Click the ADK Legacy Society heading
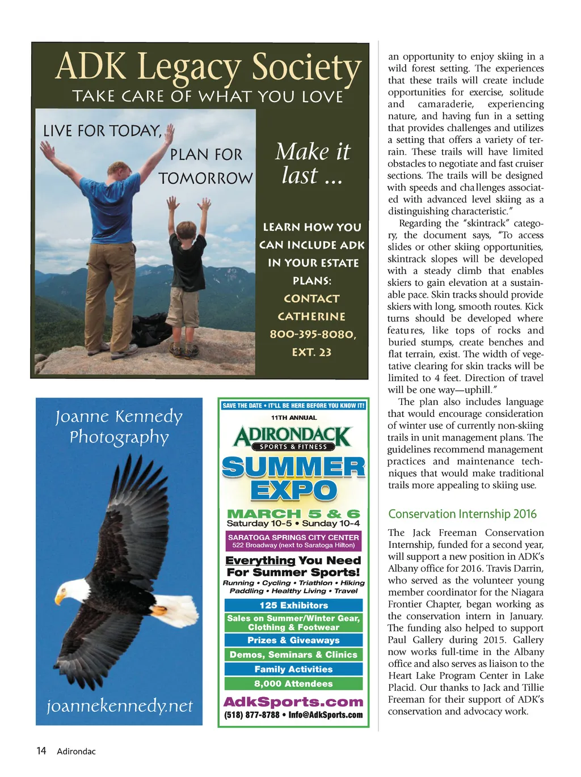[x=208, y=67]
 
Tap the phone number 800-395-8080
[x=313, y=334]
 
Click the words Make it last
[x=313, y=163]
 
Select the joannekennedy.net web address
[x=119, y=706]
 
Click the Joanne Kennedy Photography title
[x=119, y=426]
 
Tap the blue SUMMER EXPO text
[x=293, y=478]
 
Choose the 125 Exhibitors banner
[x=293, y=605]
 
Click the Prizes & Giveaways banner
[x=293, y=640]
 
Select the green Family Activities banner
[x=293, y=669]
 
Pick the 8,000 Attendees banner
[x=293, y=684]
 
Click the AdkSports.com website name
[x=293, y=702]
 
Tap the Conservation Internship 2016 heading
[x=462, y=514]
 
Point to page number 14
[x=41, y=751]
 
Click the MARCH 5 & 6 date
[x=293, y=513]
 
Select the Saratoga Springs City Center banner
[x=293, y=541]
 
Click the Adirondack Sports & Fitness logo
[x=293, y=438]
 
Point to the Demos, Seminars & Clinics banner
[x=293, y=654]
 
